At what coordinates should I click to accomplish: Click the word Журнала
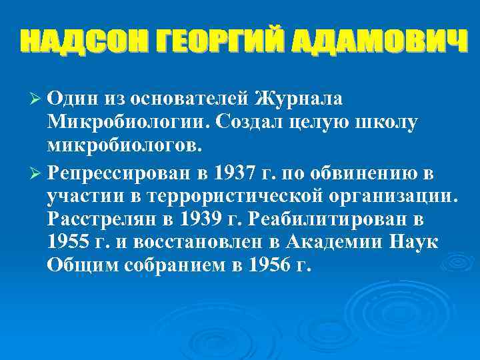(299, 98)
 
